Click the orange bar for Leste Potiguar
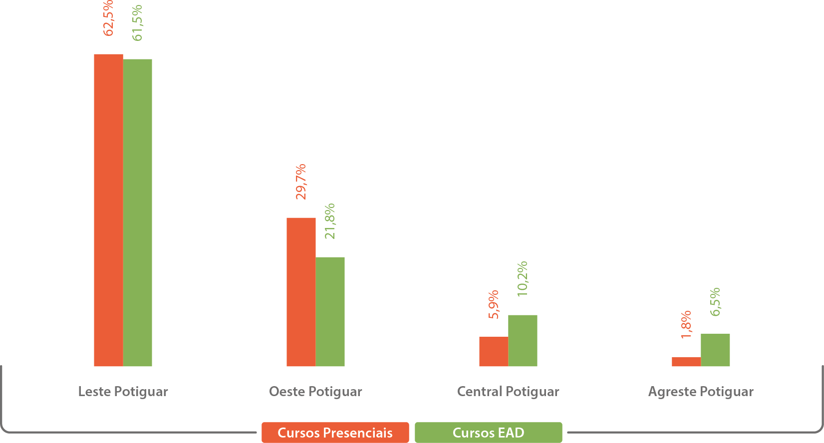(x=108, y=210)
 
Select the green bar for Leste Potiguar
(x=138, y=213)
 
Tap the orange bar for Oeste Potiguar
(x=301, y=292)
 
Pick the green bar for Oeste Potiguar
(x=330, y=311)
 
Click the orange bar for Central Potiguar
(x=494, y=351)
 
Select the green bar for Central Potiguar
(x=523, y=340)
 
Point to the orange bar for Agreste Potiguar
(x=686, y=362)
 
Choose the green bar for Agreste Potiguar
(x=715, y=350)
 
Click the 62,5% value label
(x=108, y=18)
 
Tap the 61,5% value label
(x=138, y=22)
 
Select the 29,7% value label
(x=301, y=182)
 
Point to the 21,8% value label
(x=330, y=221)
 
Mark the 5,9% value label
(x=494, y=304)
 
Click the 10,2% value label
(x=523, y=279)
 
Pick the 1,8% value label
(x=686, y=324)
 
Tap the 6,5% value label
(x=715, y=302)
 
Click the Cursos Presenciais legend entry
(x=335, y=433)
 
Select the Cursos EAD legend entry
(x=488, y=433)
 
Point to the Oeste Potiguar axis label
(x=315, y=392)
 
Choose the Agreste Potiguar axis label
(x=701, y=392)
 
